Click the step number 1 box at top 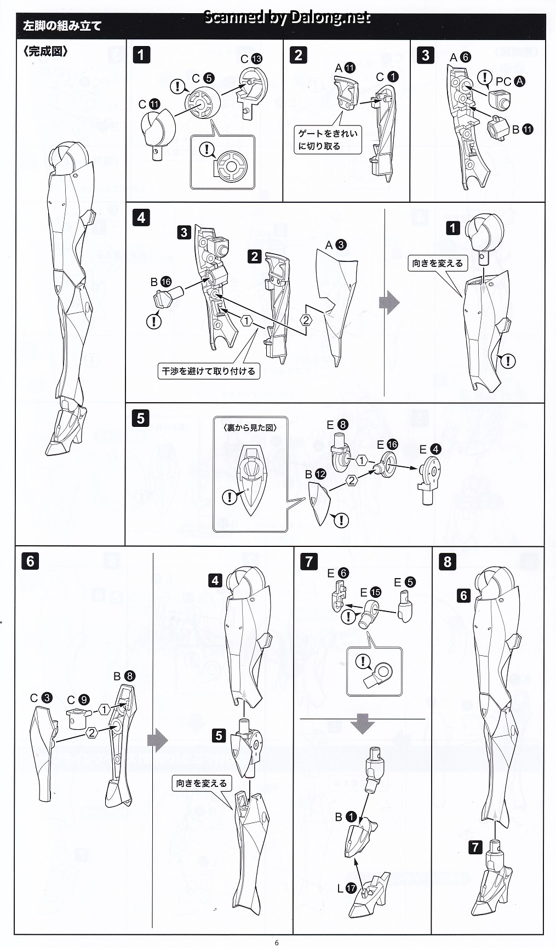(141, 55)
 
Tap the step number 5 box (141, 418)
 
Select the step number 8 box (448, 561)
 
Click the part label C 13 (251, 59)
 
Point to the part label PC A (510, 82)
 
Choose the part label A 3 (336, 245)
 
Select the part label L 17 (346, 888)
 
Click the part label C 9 (78, 700)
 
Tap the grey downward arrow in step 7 (362, 724)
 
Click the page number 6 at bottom (277, 943)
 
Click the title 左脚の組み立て (62, 26)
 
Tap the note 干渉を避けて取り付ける (208, 371)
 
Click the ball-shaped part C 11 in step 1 (158, 129)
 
